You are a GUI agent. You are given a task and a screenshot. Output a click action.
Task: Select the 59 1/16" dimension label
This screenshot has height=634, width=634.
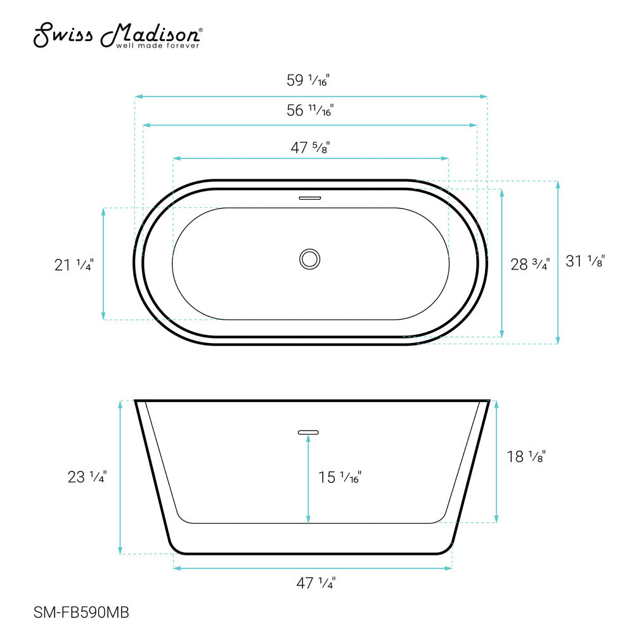[309, 81]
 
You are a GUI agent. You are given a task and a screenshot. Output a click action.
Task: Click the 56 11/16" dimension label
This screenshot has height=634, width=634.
[310, 110]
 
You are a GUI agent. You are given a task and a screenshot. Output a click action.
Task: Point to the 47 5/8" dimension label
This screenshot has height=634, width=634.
[310, 148]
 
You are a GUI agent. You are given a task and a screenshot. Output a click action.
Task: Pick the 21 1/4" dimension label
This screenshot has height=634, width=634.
[74, 265]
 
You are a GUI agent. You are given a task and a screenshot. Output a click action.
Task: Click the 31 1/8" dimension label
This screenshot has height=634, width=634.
[585, 261]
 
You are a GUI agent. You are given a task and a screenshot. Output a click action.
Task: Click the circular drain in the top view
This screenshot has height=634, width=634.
[310, 259]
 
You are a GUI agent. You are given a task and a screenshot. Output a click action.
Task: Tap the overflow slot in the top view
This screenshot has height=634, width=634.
[310, 197]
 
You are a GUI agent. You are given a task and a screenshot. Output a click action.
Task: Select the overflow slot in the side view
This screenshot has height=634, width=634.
[309, 432]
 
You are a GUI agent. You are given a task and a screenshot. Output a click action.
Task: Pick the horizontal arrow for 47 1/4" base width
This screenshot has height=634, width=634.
[312, 568]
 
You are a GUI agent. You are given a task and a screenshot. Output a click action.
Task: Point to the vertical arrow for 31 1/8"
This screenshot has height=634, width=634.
[558, 262]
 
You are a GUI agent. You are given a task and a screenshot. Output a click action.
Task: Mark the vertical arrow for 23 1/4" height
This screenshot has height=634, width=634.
[120, 477]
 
